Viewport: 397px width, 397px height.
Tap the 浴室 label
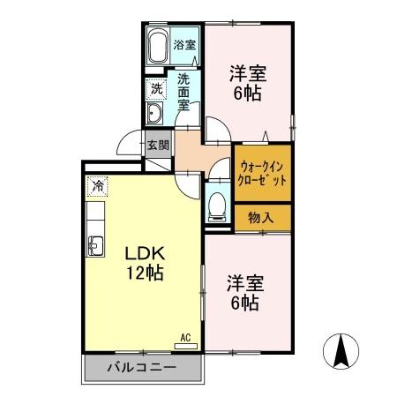point(185,44)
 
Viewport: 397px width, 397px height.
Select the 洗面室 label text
point(184,89)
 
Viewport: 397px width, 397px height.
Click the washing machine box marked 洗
point(156,88)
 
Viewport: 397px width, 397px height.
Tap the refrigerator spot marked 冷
point(97,186)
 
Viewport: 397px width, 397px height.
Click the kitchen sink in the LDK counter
point(94,244)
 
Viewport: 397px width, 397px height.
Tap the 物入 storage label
point(261,217)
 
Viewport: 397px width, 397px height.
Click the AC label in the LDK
point(185,336)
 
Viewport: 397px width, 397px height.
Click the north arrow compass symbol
point(342,353)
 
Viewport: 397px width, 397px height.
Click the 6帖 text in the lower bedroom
point(244,304)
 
